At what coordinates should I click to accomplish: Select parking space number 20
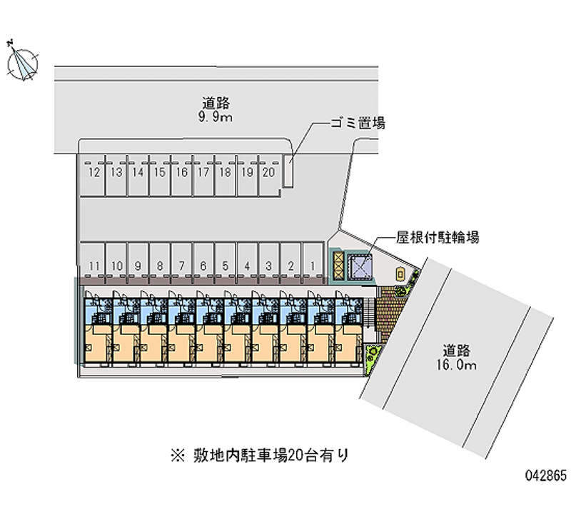point(268,173)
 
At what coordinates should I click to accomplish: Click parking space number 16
point(181,173)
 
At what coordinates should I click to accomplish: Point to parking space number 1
point(312,266)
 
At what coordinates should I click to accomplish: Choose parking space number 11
point(94,266)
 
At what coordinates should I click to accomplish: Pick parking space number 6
point(203,266)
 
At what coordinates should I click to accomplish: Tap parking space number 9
point(138,266)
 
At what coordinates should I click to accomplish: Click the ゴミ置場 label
point(357,124)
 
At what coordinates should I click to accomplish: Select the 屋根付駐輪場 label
point(438,238)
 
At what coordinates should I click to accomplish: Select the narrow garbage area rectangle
point(288,172)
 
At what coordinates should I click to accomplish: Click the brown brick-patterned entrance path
point(388,313)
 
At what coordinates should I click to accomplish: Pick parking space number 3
point(268,266)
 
